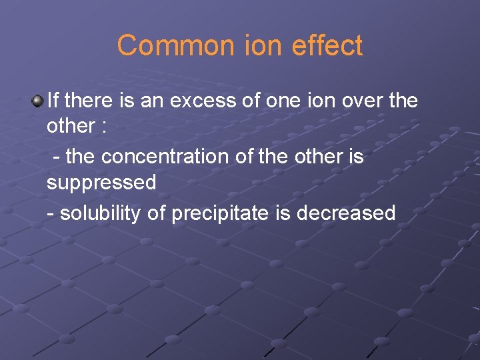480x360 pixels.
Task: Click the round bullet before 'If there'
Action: click(x=37, y=101)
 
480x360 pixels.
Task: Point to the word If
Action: click(x=53, y=101)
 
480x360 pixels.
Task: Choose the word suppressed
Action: click(x=101, y=183)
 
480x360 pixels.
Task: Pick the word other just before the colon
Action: click(x=70, y=127)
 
